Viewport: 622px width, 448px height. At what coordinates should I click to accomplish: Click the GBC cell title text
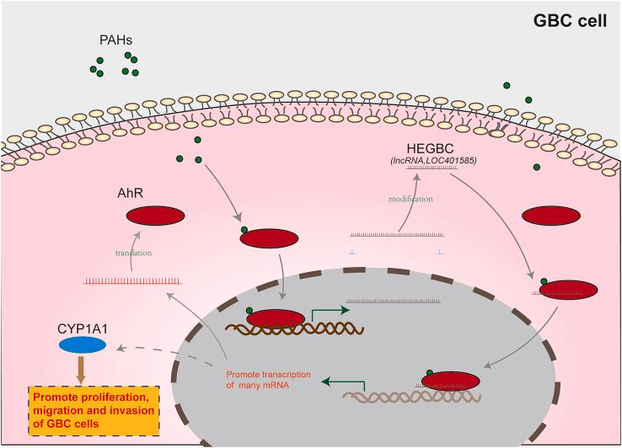tap(570, 21)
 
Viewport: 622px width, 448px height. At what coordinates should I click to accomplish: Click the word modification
tap(410, 200)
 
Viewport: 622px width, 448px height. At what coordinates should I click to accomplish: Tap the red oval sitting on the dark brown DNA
tap(275, 318)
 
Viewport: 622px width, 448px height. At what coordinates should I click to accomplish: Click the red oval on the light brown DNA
tap(455, 380)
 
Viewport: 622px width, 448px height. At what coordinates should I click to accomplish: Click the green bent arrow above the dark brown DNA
tap(324, 311)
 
